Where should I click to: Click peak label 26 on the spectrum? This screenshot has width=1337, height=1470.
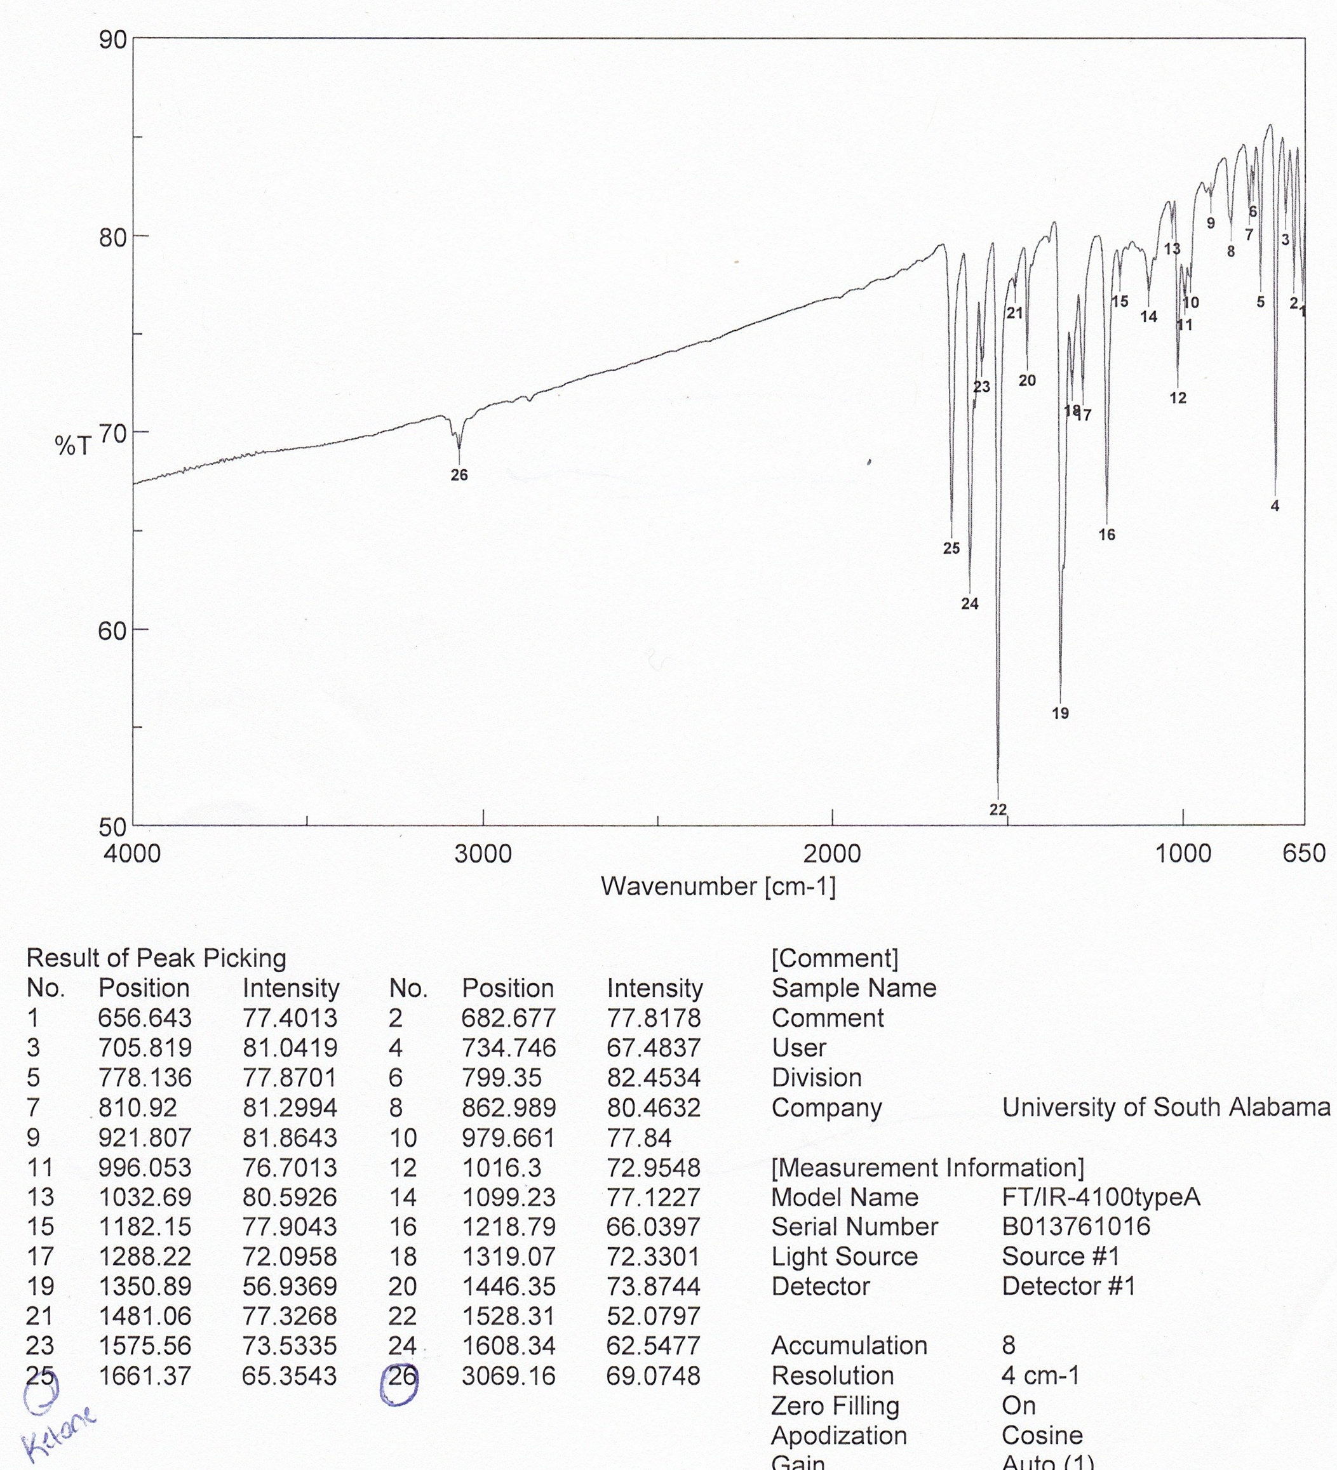click(x=459, y=476)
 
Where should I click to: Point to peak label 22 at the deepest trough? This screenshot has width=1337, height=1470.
click(x=998, y=810)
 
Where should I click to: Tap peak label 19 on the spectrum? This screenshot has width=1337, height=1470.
click(x=1060, y=713)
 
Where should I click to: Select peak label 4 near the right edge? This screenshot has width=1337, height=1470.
click(x=1274, y=506)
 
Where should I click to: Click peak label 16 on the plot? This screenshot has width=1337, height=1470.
click(x=1106, y=535)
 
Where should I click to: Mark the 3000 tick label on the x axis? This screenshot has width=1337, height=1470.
click(x=483, y=853)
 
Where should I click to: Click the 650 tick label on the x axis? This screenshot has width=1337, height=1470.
click(x=1303, y=853)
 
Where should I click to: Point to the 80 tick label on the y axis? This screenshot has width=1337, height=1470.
click(x=113, y=237)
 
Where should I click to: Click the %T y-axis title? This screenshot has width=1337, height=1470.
click(x=73, y=444)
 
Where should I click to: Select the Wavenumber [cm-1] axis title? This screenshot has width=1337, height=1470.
click(x=718, y=886)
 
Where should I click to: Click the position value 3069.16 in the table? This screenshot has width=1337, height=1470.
click(x=508, y=1376)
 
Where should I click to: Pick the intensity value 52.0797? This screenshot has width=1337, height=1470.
click(x=654, y=1316)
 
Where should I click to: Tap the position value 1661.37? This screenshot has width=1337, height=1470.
click(x=144, y=1376)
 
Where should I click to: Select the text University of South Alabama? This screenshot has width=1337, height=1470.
click(x=1166, y=1107)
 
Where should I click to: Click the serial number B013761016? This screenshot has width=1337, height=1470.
click(x=1076, y=1226)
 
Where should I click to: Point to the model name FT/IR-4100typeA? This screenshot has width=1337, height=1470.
click(x=1101, y=1196)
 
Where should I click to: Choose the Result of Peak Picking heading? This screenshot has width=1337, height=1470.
click(x=156, y=958)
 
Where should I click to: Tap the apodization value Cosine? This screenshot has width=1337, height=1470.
click(x=1042, y=1435)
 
